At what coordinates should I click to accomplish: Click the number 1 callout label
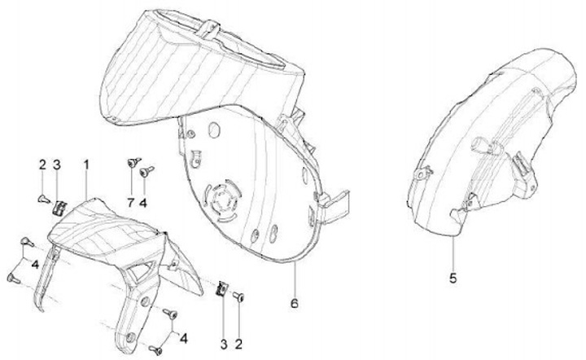tap(86, 165)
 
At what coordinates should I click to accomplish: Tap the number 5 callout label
tap(453, 278)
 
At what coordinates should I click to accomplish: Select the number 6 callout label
tap(295, 303)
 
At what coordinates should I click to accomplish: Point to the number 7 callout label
tap(130, 203)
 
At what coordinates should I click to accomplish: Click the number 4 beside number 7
tap(142, 203)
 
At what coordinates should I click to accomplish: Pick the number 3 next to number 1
tap(56, 165)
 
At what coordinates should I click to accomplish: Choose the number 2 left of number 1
tap(42, 165)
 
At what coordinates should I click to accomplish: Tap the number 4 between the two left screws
tap(35, 265)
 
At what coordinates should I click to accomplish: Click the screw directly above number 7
tap(133, 162)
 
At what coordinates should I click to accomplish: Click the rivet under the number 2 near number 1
tap(44, 200)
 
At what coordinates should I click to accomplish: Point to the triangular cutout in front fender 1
tap(142, 271)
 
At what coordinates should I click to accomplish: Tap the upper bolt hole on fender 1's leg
tap(145, 301)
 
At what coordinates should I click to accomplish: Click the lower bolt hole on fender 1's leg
tap(129, 337)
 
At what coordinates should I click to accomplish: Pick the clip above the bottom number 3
tap(221, 288)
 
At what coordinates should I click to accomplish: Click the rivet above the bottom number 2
tap(238, 296)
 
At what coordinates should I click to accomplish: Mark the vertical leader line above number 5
tap(453, 253)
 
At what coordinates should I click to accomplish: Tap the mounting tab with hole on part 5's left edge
tap(422, 173)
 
